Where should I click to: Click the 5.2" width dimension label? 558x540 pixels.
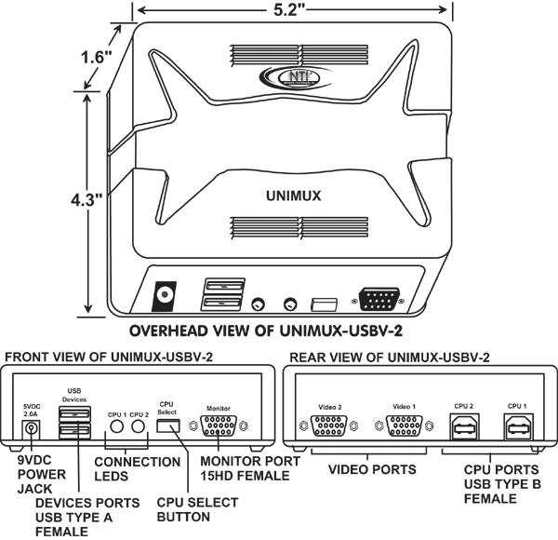[x=295, y=11]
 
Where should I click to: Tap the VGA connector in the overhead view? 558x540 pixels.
[x=377, y=301]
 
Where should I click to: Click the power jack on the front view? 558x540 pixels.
[x=32, y=429]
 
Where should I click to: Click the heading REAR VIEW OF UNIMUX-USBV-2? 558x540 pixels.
[x=390, y=358]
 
